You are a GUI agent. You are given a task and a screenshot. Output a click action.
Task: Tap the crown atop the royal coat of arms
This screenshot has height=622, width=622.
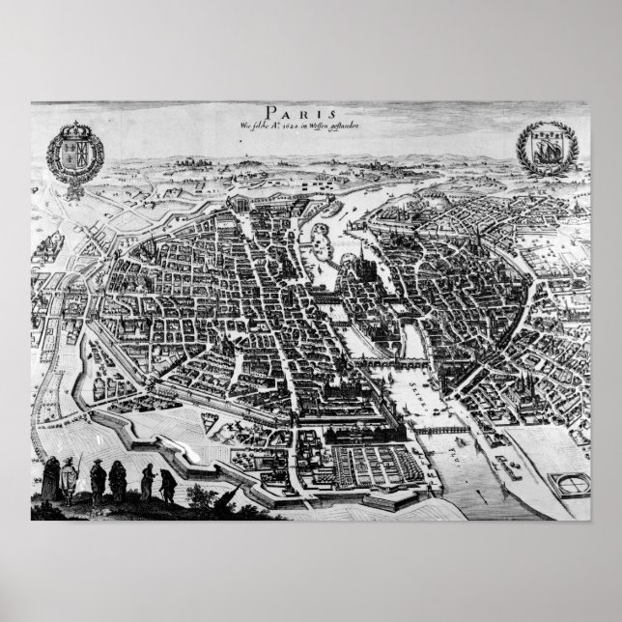tap(75, 129)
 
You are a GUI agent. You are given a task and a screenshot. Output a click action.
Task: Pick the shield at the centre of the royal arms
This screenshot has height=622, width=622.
tap(75, 155)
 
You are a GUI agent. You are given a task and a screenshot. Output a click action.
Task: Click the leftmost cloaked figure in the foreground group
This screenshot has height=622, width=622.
tap(50, 478)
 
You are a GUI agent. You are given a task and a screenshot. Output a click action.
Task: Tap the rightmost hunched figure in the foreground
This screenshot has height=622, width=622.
tap(166, 480)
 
